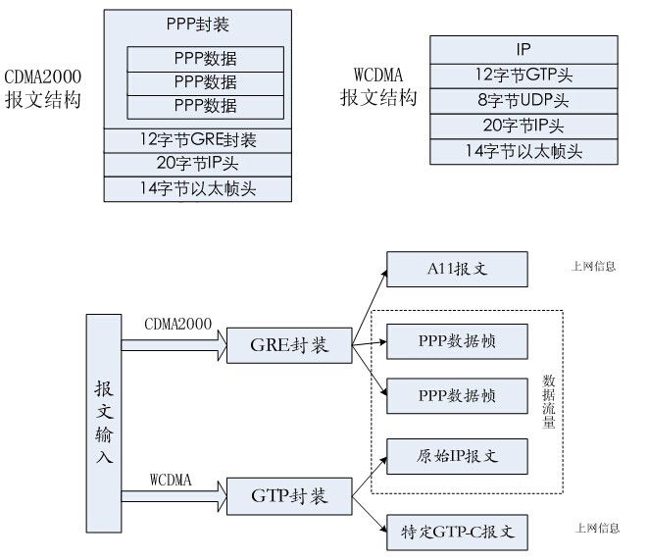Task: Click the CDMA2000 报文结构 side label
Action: coord(41,88)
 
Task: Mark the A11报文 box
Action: coord(458,268)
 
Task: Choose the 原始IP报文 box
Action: coord(458,457)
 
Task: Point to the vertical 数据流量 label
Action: coord(548,403)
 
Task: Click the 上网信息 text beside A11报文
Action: coord(594,266)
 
